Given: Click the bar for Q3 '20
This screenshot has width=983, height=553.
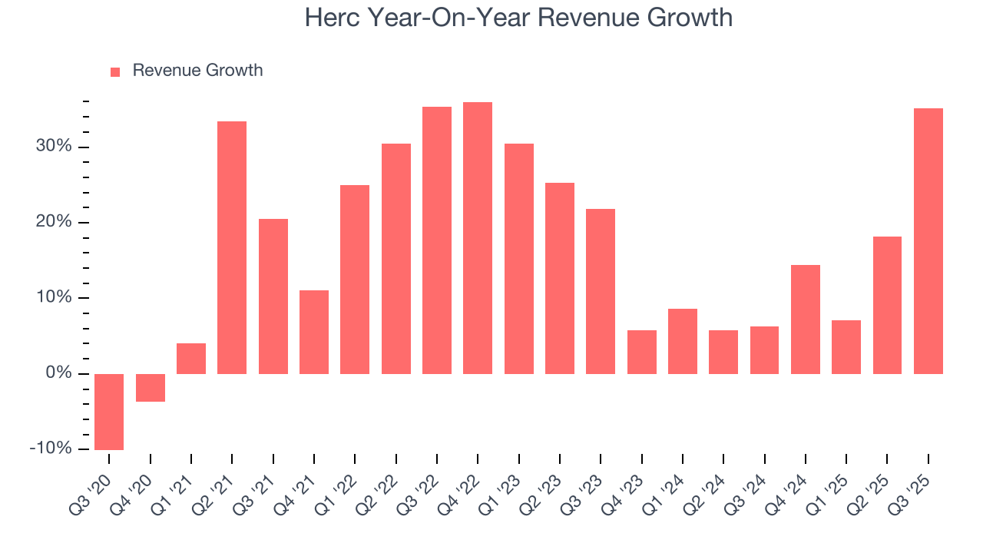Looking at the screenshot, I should coord(109,412).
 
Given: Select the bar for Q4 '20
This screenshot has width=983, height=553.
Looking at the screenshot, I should coord(151,388).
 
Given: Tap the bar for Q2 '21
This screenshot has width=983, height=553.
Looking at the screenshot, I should coord(232,247).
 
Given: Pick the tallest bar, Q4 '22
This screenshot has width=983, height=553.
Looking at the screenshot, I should coord(478,238).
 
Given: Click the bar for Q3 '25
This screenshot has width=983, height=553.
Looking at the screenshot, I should coord(928,241).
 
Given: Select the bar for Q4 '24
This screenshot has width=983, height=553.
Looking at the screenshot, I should coord(806,320).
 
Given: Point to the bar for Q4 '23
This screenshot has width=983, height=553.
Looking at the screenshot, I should coord(642,352).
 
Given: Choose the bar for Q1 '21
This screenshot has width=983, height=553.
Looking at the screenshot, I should coord(191,359).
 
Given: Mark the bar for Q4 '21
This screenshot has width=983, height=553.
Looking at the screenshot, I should coord(314,332).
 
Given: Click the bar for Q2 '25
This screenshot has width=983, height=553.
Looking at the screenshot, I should coord(887,305).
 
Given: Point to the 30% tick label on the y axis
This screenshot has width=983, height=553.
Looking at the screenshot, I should coord(53,147).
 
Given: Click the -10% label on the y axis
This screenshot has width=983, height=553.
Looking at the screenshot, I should coord(50,449).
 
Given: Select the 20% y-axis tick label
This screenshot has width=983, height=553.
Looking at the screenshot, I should coord(53,222).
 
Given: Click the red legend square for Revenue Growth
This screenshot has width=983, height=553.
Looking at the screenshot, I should coord(115,71).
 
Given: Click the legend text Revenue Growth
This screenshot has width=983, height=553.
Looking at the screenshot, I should coord(197,71).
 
